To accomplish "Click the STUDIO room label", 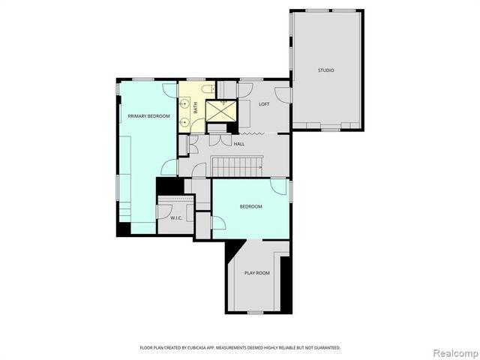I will click(325, 70).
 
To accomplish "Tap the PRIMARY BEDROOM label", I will click(148, 116).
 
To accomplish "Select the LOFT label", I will click(264, 104).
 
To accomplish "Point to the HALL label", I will click(239, 144).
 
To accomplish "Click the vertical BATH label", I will click(195, 108).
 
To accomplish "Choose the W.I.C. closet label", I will click(177, 218).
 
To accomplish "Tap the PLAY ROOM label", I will click(256, 273).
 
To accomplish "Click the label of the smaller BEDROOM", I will click(250, 206).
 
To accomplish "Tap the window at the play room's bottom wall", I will click(256, 312).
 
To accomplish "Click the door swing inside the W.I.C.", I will click(165, 210).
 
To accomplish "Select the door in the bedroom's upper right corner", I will click(279, 186).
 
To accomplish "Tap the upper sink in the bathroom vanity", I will click(184, 103).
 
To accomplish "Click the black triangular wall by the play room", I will click(232, 249).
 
